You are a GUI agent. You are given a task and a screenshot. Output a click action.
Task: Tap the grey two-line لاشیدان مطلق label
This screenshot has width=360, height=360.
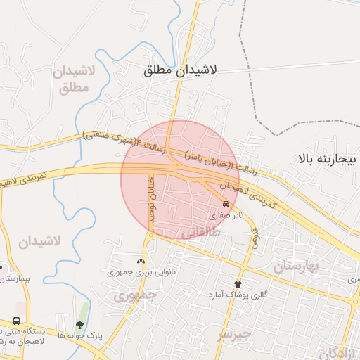pos(69,79)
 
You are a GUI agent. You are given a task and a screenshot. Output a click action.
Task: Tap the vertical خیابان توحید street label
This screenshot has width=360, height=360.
pos(150,200)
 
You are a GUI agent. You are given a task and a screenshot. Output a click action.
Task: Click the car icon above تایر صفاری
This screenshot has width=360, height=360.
pos(225,205)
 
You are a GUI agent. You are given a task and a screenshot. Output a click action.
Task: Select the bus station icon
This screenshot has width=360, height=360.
pos(15,320)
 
